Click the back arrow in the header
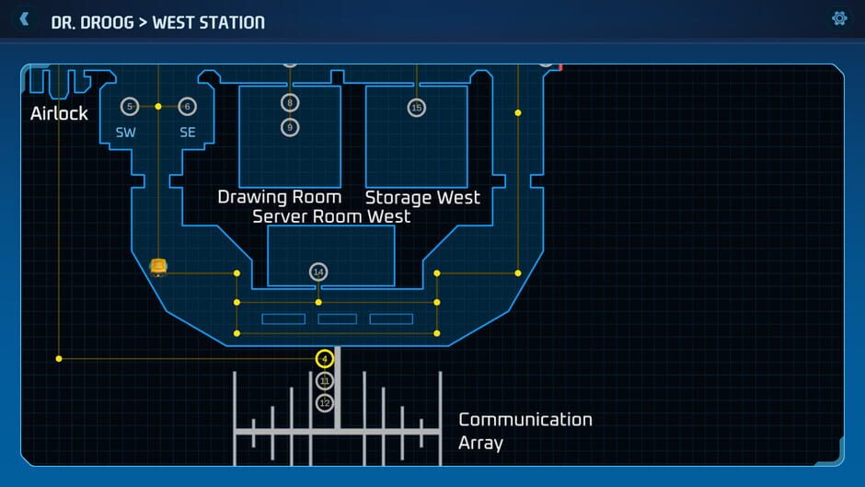coord(25,19)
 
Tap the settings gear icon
coord(839,18)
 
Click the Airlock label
coord(59,113)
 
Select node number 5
coord(129,107)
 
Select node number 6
coord(188,107)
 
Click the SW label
coord(126,133)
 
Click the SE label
coord(188,133)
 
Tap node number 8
coord(290,103)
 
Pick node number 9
coord(290,127)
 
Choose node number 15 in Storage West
coord(417,108)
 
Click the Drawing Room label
coord(280,197)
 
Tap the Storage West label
coord(422,197)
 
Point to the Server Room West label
coord(331,216)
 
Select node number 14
coord(318,272)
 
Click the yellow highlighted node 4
coord(324,359)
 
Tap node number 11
coord(324,381)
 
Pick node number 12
coord(324,403)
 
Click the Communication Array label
coord(525,431)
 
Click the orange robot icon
coord(158,267)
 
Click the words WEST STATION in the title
coord(208,21)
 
